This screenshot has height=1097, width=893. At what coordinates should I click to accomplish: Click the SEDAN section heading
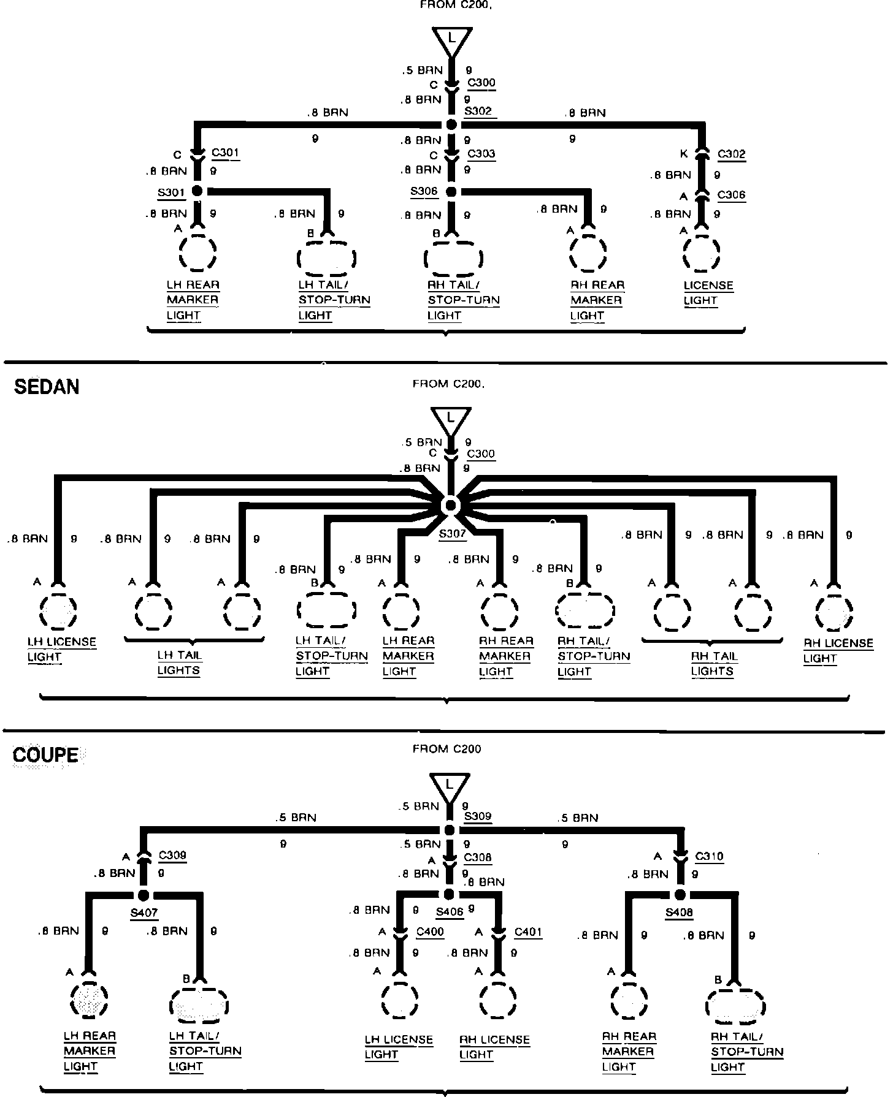coord(47,387)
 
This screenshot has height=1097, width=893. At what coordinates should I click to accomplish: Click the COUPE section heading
coord(46,754)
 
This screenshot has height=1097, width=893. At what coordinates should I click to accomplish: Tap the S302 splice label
coord(478,112)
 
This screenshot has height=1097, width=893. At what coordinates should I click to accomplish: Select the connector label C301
coord(225,153)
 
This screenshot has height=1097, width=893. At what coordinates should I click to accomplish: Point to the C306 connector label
coord(731,195)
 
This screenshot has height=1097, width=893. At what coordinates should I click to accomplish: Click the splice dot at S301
coord(197,191)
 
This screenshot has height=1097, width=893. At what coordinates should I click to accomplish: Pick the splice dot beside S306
coord(451,192)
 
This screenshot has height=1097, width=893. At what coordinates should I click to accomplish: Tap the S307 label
coord(453,533)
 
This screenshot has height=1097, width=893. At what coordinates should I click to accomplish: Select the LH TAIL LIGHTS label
coord(179,662)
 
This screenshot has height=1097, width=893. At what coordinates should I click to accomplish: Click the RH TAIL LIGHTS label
coord(713,663)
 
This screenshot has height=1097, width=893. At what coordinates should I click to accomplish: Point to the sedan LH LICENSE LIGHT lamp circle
coord(58,611)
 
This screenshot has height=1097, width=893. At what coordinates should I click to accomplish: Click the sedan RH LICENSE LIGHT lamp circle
coord(834,611)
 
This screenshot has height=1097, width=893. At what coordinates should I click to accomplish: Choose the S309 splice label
coord(478,816)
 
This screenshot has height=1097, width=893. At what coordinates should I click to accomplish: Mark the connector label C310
coord(709,856)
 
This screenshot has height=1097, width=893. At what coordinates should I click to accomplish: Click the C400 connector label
coord(430,932)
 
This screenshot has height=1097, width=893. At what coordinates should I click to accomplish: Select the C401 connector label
coord(528,932)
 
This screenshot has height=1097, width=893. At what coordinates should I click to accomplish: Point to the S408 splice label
coord(679,913)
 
